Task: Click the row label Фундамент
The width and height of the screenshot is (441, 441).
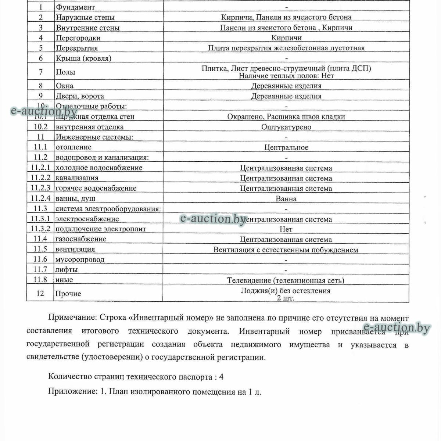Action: tap(75, 7)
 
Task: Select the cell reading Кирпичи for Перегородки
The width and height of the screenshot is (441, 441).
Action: tap(286, 38)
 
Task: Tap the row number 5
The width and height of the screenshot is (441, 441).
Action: tap(40, 48)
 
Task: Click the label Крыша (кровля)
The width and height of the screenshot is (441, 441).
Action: tap(83, 58)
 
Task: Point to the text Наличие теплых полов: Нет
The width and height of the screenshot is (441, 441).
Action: tap(286, 76)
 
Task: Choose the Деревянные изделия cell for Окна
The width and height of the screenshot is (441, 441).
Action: tap(286, 86)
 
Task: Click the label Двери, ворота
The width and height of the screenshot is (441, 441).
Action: tap(80, 96)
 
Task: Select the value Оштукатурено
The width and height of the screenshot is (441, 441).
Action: tap(286, 127)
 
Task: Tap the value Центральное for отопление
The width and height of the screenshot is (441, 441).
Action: tap(286, 148)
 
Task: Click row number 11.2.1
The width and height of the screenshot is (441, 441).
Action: tap(40, 168)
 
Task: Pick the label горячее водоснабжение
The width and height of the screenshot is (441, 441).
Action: tap(96, 188)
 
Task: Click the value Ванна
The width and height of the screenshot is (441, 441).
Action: tap(286, 199)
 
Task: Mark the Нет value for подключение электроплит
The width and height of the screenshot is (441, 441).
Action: tap(286, 229)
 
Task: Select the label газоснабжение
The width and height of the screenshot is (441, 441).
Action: tap(81, 239)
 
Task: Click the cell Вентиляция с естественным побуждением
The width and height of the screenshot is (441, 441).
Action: tap(286, 250)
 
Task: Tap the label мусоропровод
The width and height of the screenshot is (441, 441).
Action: tap(80, 259)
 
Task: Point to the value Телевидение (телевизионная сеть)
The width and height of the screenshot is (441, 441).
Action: tap(286, 281)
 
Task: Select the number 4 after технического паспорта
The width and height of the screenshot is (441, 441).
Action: tap(221, 377)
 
